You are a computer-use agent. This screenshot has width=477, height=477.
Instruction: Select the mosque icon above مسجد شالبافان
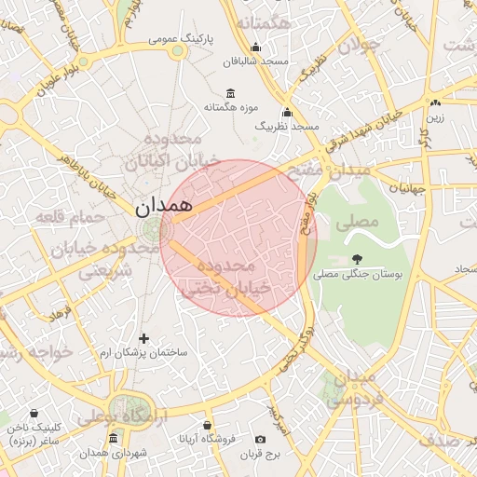point(257,48)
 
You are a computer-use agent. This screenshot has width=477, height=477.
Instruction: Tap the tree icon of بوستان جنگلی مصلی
point(358,259)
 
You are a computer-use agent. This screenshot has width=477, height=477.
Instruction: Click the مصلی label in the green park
point(361,223)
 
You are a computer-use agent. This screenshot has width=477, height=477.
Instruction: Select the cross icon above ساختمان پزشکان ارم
point(143,339)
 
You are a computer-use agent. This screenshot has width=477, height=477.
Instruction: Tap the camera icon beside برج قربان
point(260,439)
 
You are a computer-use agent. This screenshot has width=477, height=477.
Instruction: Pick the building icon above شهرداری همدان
point(113,438)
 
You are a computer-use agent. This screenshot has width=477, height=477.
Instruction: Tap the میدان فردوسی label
point(353,389)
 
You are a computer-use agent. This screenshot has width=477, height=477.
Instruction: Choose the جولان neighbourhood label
point(358,44)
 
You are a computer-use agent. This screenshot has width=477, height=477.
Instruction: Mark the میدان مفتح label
point(334,170)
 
